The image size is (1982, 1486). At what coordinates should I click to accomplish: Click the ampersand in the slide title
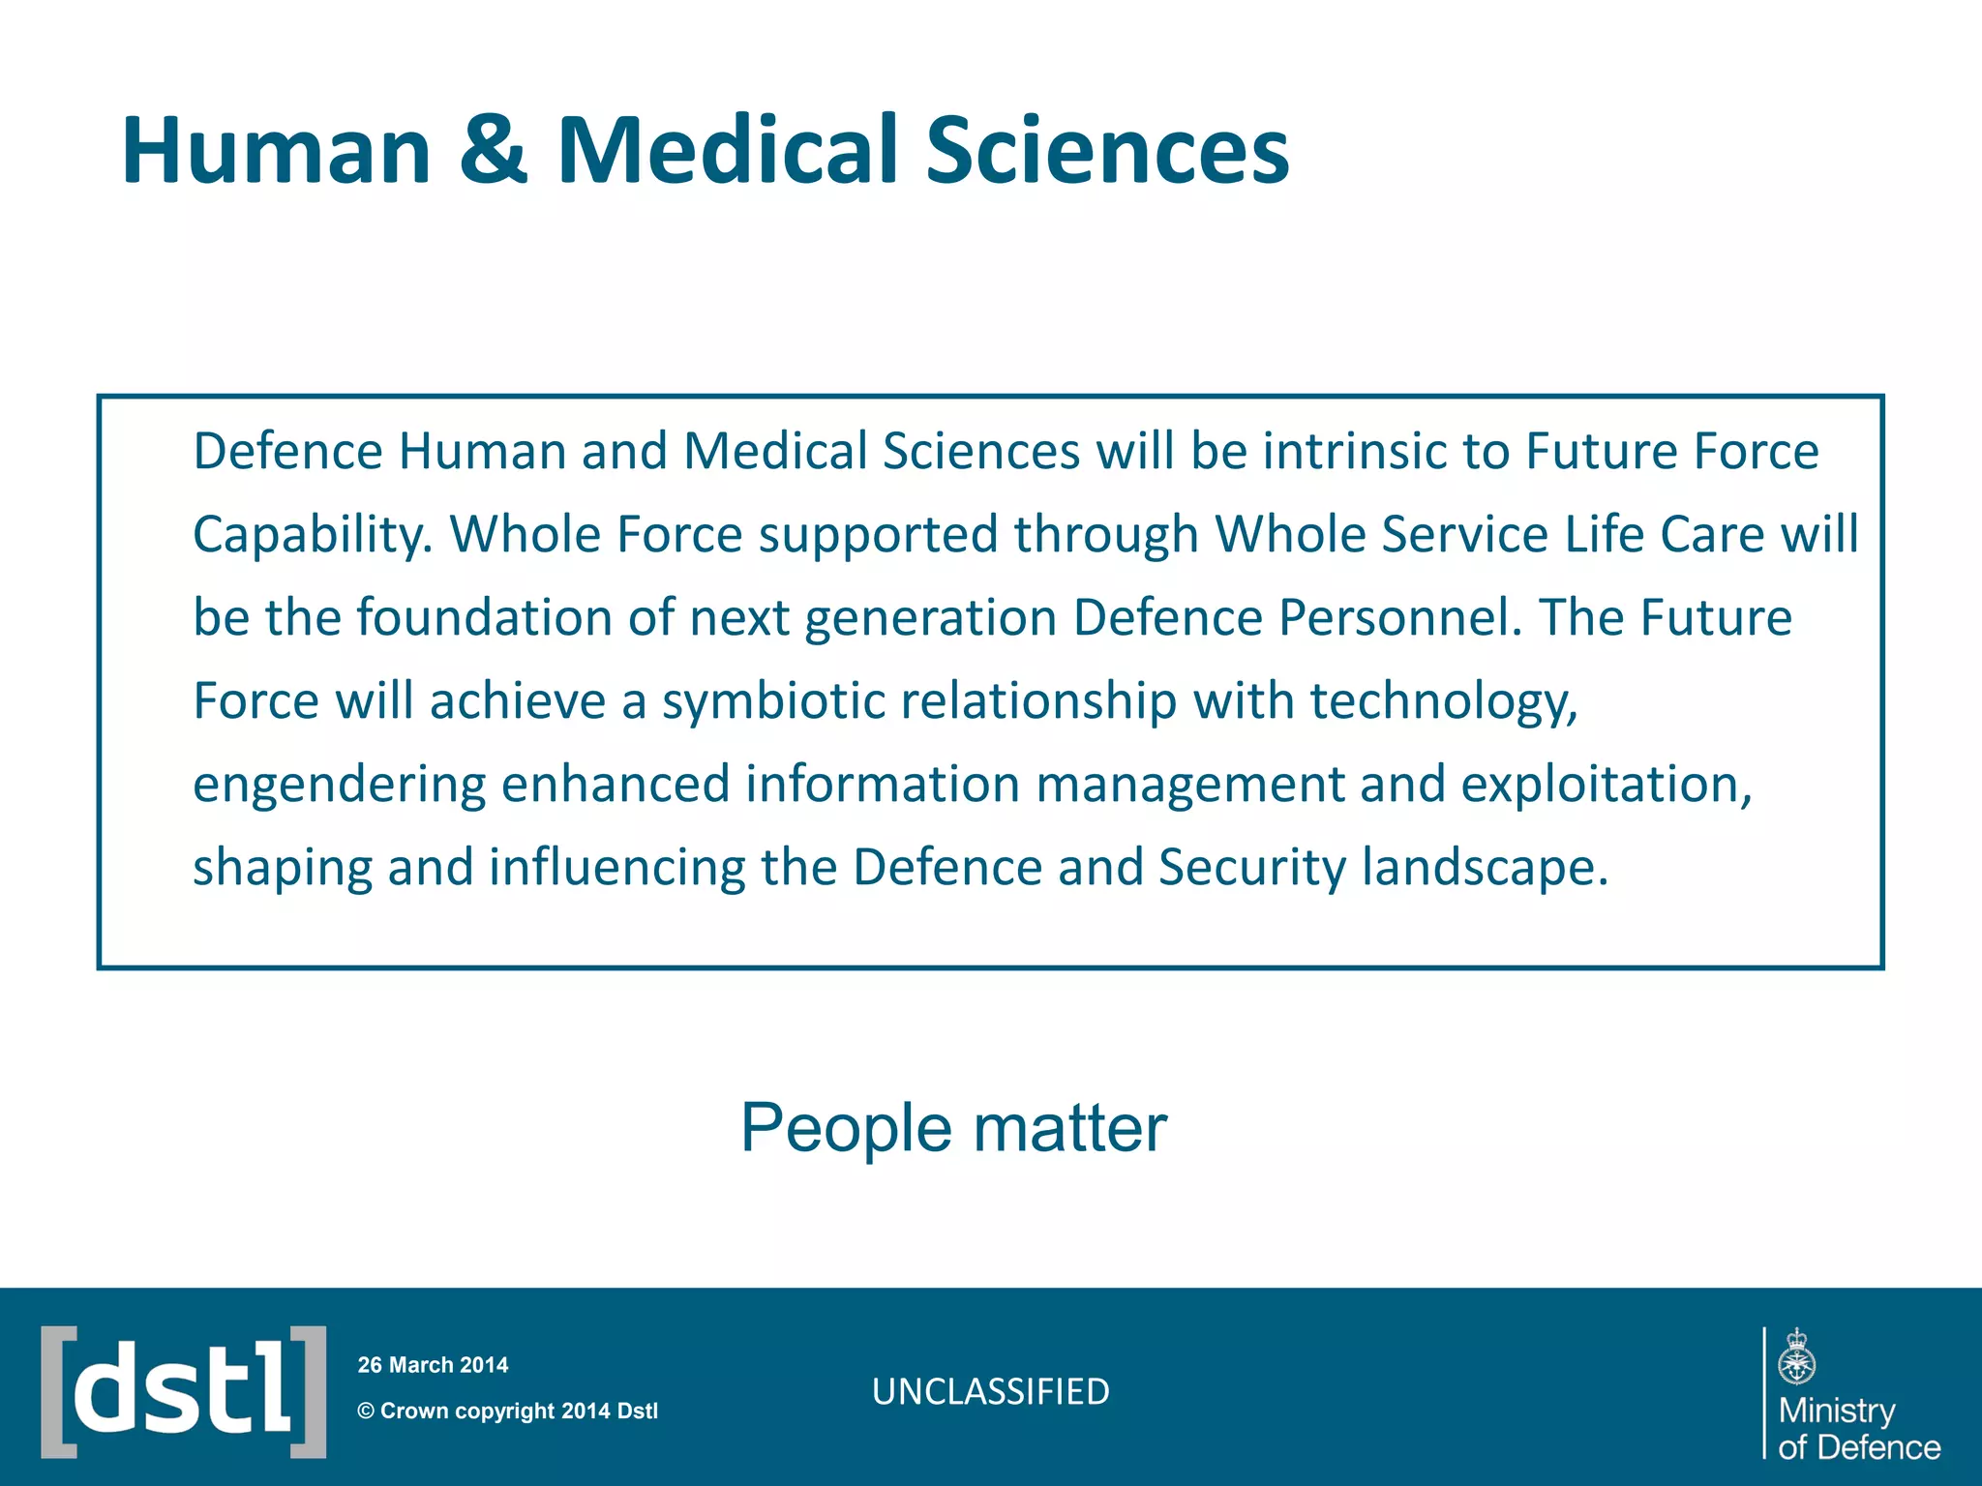[494, 150]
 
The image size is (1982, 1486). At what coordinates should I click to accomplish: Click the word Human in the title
[276, 150]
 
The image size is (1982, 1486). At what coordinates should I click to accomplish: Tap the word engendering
[339, 786]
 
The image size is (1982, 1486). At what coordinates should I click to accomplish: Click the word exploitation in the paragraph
[1606, 785]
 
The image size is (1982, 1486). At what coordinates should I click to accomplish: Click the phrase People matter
[953, 1128]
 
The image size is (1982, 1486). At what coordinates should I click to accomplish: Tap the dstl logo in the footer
[183, 1391]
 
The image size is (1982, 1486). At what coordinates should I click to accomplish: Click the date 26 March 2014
[433, 1365]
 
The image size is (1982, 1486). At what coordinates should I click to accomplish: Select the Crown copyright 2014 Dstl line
[508, 1411]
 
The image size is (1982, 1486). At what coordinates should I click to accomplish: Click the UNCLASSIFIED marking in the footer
[990, 1392]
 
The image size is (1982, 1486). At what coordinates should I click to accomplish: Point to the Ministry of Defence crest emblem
[1797, 1356]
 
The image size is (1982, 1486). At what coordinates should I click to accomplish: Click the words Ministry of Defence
[1857, 1429]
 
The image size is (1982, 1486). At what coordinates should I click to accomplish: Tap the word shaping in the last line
[283, 868]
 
